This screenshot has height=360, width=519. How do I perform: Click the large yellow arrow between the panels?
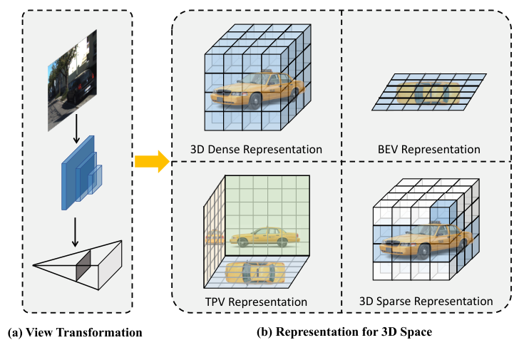[150, 162]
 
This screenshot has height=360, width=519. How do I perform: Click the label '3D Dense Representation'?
[256, 150]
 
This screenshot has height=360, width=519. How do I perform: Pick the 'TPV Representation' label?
[255, 302]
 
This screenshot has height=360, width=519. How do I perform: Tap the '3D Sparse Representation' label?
[426, 302]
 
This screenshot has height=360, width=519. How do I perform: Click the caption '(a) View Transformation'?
[75, 333]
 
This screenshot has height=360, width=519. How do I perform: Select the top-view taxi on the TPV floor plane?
[255, 271]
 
